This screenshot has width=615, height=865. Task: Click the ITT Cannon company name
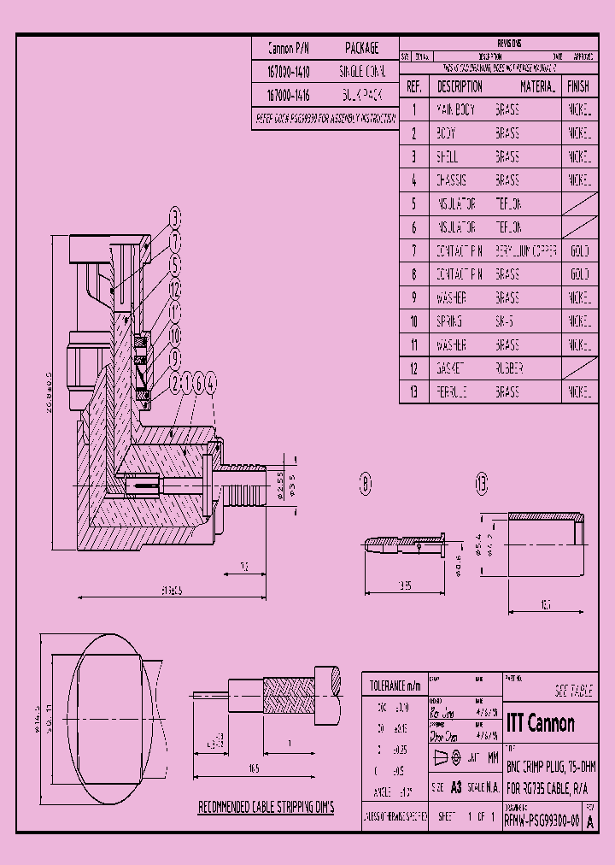tap(540, 723)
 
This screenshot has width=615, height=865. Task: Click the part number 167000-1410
tap(289, 72)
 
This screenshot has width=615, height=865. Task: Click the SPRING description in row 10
tap(449, 321)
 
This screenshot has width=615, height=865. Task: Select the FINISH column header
tap(578, 86)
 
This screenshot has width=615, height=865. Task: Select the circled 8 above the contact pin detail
tap(366, 485)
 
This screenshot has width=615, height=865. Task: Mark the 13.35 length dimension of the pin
tap(403, 585)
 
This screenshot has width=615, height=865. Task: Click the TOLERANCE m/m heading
tap(395, 686)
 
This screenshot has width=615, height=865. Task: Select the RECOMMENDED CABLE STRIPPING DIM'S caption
tap(266, 807)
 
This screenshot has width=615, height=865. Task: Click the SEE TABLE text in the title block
tap(573, 691)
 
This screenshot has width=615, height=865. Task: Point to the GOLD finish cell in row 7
tap(578, 251)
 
